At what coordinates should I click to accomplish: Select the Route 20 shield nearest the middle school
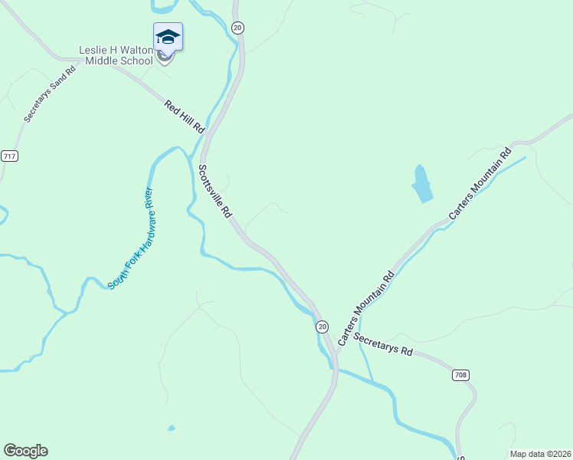click(237, 28)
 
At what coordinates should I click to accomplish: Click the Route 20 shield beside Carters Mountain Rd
click(323, 326)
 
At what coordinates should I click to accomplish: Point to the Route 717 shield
click(9, 156)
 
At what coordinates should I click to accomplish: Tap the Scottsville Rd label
click(215, 192)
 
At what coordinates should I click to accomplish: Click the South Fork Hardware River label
click(131, 238)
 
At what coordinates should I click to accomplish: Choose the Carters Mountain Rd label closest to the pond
click(480, 183)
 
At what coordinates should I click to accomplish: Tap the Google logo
click(25, 451)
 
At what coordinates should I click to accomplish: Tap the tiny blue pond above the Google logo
click(171, 428)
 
